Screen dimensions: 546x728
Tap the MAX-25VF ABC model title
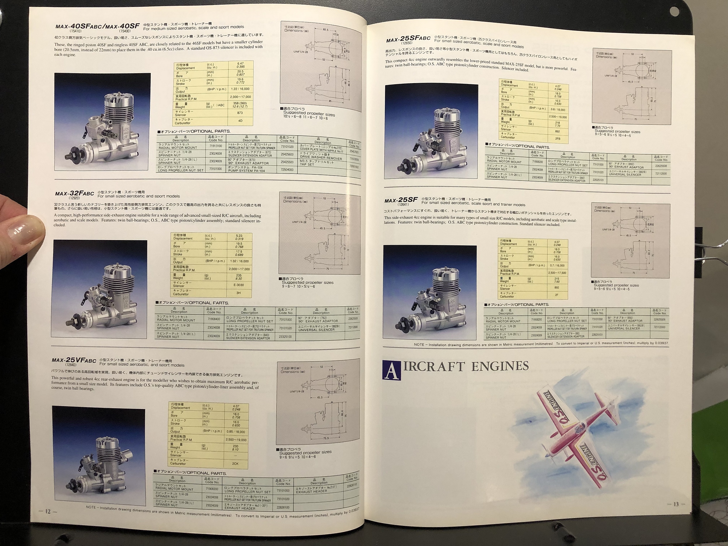[74, 360]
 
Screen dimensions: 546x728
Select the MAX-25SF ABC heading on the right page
[408, 39]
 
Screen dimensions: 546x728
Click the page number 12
[48, 512]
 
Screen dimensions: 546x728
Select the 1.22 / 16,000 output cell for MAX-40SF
[240, 89]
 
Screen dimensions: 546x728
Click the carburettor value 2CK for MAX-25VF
[235, 463]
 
